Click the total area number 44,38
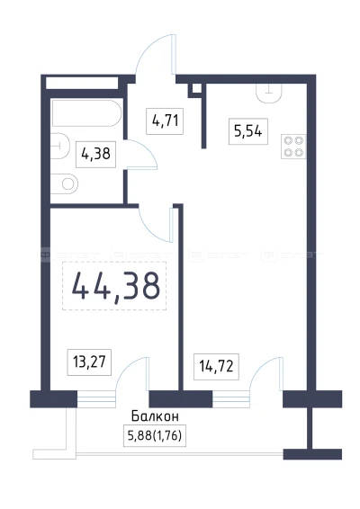coord(114,285)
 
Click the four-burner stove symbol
coord(292,146)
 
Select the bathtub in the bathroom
coord(85,114)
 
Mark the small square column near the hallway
coord(193,89)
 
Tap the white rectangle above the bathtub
coord(81,84)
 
